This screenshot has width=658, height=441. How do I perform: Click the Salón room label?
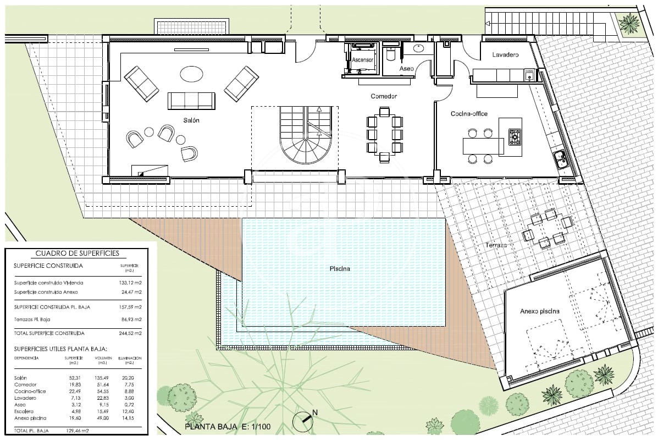click(191, 120)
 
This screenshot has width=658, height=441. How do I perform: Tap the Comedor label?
click(383, 96)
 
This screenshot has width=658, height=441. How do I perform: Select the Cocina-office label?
click(469, 114)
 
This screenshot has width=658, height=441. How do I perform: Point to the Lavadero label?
click(506, 56)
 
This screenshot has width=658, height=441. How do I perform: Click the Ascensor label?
click(363, 59)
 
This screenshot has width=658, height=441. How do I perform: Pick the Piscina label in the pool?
click(340, 269)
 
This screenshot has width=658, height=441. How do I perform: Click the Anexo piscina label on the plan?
click(540, 311)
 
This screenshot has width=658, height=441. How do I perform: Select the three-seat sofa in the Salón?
click(191, 101)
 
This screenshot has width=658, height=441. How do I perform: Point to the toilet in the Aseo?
click(391, 56)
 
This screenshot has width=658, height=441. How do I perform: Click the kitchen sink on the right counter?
click(560, 159)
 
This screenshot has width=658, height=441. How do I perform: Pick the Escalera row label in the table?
click(24, 411)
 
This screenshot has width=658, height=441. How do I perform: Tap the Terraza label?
click(496, 245)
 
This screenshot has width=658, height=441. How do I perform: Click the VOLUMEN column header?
click(103, 358)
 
